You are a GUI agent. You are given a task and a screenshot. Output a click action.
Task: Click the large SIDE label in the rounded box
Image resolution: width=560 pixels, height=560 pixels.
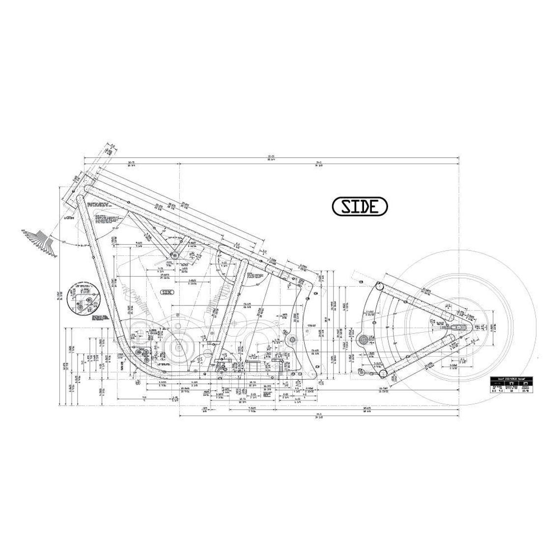pyautogui.click(x=360, y=206)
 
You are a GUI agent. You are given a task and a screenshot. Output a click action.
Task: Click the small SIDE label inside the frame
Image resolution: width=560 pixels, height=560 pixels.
pyautogui.click(x=168, y=292)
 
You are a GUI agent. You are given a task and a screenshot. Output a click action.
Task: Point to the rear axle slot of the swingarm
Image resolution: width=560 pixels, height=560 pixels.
pyautogui.click(x=462, y=327)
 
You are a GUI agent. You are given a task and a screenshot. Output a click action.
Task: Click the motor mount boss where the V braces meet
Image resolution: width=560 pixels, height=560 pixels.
pyautogui.click(x=174, y=255)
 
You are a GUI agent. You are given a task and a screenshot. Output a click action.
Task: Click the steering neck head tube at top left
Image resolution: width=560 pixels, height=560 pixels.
pyautogui.click(x=76, y=195)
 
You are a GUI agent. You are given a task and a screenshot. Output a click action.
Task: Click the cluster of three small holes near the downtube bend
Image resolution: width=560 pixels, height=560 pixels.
pyautogui.click(x=144, y=356)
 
